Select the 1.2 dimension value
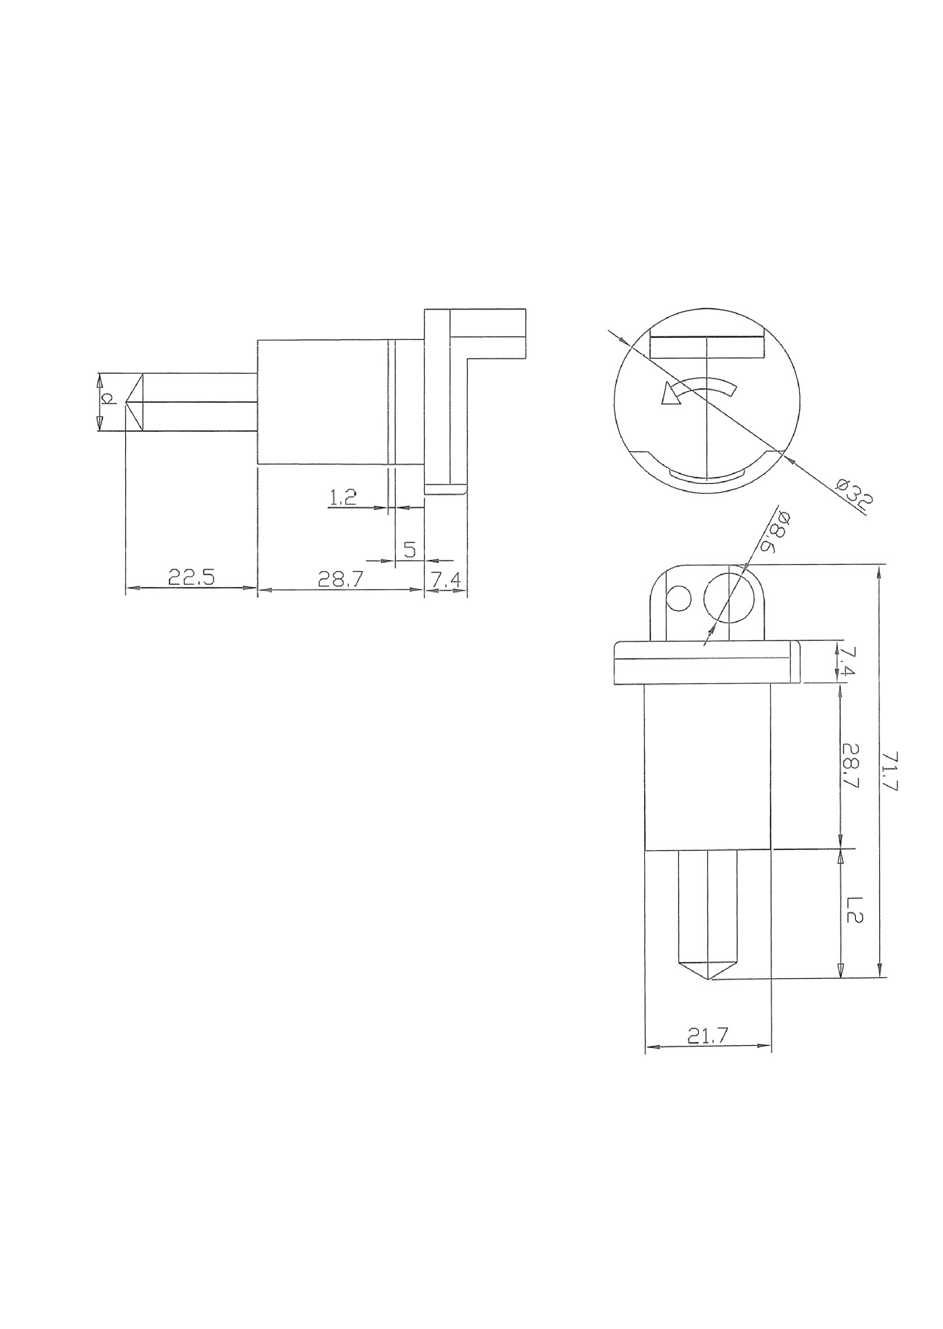tap(342, 497)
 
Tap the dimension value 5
tap(409, 550)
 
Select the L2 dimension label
tap(852, 910)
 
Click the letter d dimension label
tap(108, 399)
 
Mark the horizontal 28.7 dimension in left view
tap(340, 579)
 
